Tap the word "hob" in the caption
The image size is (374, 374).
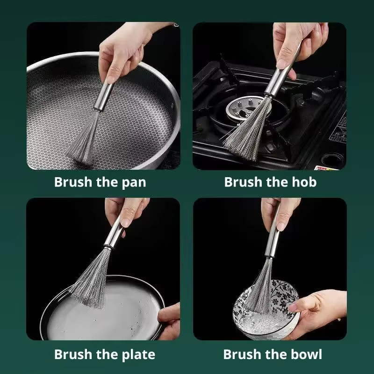pyautogui.click(x=304, y=182)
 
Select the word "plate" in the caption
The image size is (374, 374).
pyautogui.click(x=137, y=354)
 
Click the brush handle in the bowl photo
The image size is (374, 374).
pyautogui.click(x=273, y=238)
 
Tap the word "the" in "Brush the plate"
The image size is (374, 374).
pyautogui.click(x=103, y=354)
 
